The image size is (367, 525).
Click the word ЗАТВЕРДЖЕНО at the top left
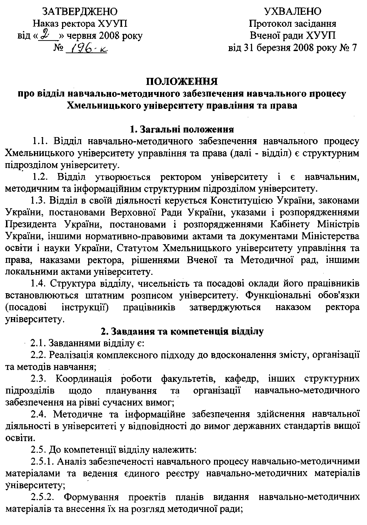(x=80, y=12)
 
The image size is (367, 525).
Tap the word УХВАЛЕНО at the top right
(x=292, y=12)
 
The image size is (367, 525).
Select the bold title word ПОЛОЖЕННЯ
(x=182, y=82)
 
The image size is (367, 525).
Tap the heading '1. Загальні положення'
(x=182, y=129)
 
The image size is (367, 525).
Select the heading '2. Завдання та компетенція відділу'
(x=182, y=331)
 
